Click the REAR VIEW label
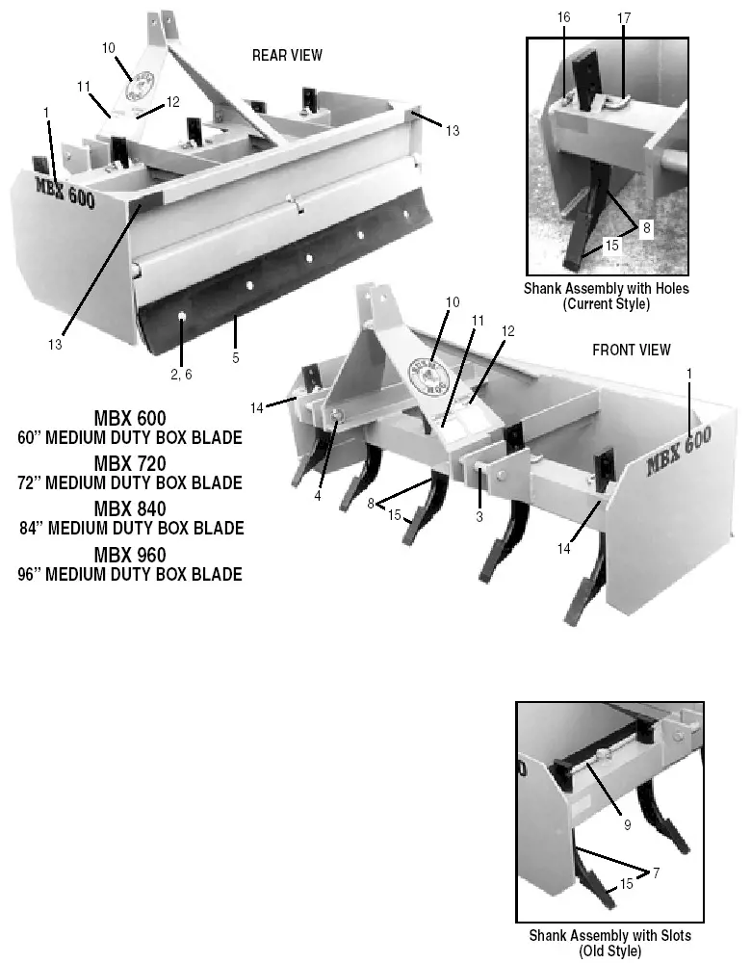pyautogui.click(x=287, y=56)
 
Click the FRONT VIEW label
pyautogui.click(x=631, y=350)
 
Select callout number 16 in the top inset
pyautogui.click(x=564, y=18)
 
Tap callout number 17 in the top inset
pyautogui.click(x=624, y=18)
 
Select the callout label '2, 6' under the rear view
pyautogui.click(x=181, y=374)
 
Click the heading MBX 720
pyautogui.click(x=130, y=466)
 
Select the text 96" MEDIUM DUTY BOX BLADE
pyautogui.click(x=130, y=575)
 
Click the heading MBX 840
pyautogui.click(x=130, y=508)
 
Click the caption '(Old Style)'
pyautogui.click(x=609, y=950)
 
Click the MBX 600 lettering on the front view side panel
pyautogui.click(x=679, y=452)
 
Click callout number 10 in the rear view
pyautogui.click(x=108, y=47)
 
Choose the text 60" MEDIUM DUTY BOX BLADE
pyautogui.click(x=130, y=437)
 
